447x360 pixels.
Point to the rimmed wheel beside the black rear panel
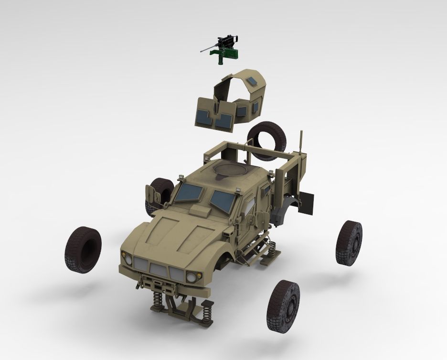(349, 242)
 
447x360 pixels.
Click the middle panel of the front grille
(157, 269)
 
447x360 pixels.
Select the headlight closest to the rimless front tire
(128, 260)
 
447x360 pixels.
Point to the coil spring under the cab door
(271, 248)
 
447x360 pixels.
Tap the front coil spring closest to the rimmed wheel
(206, 314)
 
